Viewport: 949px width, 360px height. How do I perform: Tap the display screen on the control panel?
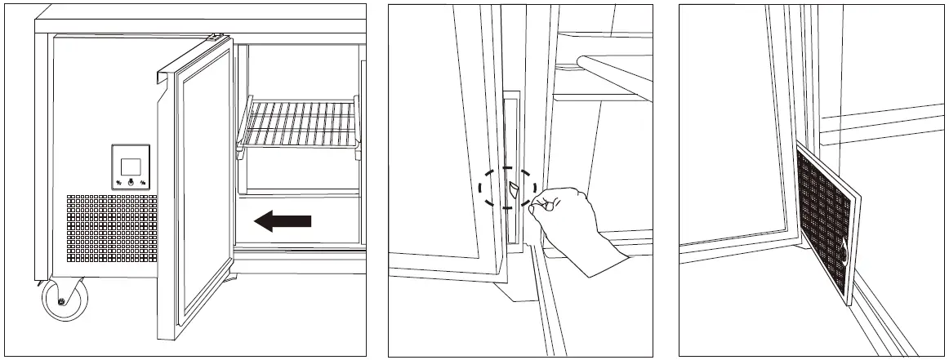(x=130, y=166)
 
